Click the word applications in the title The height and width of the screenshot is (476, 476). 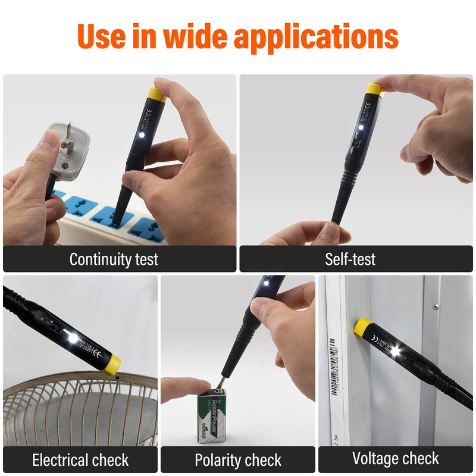(x=315, y=37)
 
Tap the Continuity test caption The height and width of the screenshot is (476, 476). (x=114, y=259)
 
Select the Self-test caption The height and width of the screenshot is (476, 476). (x=350, y=259)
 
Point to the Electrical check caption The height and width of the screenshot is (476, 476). (x=80, y=460)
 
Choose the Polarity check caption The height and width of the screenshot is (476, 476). (x=238, y=460)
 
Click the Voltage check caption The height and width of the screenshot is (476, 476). (x=396, y=459)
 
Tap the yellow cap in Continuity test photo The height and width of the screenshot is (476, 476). (x=156, y=93)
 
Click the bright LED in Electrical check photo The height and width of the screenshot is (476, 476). (x=73, y=337)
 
